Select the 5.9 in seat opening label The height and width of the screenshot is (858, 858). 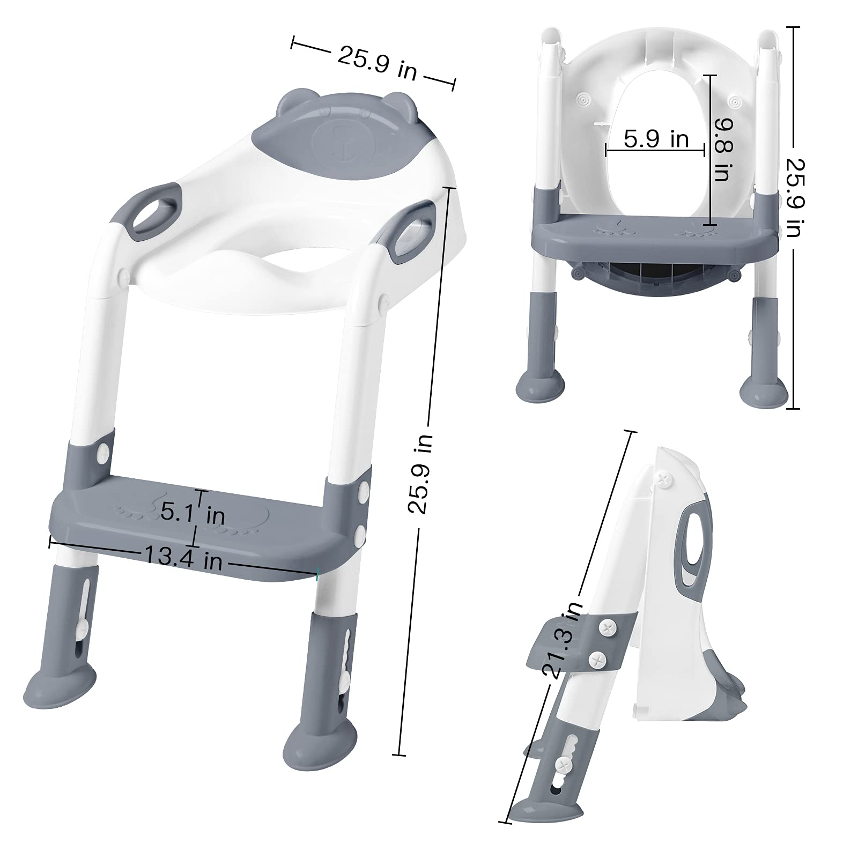click(656, 139)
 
